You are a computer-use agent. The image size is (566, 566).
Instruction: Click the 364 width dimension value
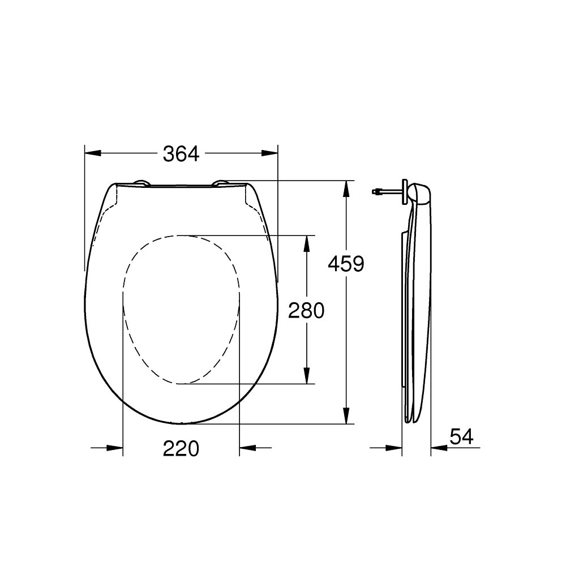pyautogui.click(x=181, y=153)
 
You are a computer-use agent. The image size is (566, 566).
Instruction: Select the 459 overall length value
pyautogui.click(x=346, y=263)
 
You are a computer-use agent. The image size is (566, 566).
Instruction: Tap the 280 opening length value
pyautogui.click(x=306, y=310)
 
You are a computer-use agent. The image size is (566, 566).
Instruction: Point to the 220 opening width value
pyautogui.click(x=181, y=449)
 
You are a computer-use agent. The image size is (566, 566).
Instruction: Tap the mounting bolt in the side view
pyautogui.click(x=385, y=192)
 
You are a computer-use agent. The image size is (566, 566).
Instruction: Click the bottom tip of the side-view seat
pyautogui.click(x=411, y=421)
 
